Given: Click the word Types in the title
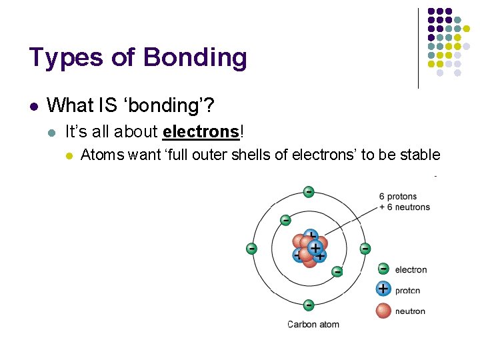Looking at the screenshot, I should pyautogui.click(x=65, y=59).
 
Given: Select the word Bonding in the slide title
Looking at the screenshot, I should pyautogui.click(x=195, y=59).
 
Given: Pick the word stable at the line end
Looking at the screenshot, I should pyautogui.click(x=420, y=155).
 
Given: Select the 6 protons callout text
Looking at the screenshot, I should pyautogui.click(x=397, y=197).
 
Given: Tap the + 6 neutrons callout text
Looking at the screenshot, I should pyautogui.click(x=404, y=207).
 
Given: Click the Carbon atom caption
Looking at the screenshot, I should pyautogui.click(x=313, y=325).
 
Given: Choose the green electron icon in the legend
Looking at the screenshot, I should pyautogui.click(x=383, y=269).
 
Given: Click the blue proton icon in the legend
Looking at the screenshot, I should pyautogui.click(x=383, y=289).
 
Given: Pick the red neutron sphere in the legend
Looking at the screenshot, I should pyautogui.click(x=383, y=310).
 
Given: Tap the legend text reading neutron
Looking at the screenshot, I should pyautogui.click(x=410, y=311).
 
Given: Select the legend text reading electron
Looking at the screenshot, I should pyautogui.click(x=411, y=269).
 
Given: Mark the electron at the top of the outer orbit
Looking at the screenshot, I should pyautogui.click(x=308, y=192).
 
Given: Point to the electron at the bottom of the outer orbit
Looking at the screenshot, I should pyautogui.click(x=308, y=305).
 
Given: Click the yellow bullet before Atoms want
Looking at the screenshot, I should pyautogui.click(x=68, y=156).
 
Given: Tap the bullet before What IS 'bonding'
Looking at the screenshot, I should pyautogui.click(x=33, y=106).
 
